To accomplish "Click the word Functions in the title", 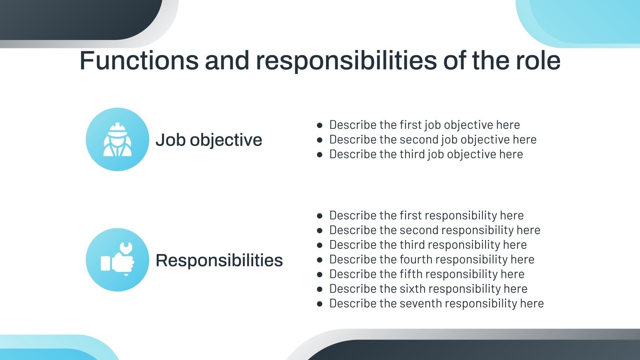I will [139, 61].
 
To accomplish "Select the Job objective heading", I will [209, 140].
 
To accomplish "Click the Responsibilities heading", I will [219, 260].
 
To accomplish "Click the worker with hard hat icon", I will [117, 140].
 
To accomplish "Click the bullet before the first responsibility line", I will [320, 216].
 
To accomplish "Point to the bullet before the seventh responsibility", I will [320, 304].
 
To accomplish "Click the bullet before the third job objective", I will [320, 154].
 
